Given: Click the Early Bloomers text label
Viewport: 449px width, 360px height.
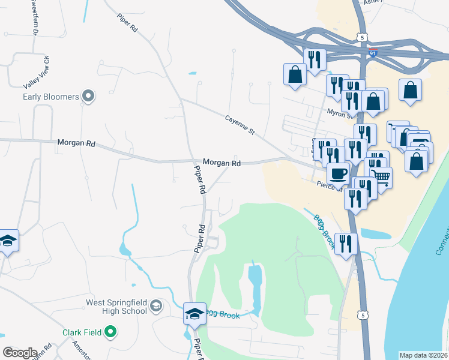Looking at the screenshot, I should (51, 97).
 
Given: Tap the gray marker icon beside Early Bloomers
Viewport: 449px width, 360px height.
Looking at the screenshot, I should (89, 96).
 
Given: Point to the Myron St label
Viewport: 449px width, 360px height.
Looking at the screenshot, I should (339, 112).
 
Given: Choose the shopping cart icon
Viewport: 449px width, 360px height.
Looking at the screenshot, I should (381, 176).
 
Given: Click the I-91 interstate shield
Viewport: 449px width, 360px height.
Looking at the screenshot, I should (373, 53).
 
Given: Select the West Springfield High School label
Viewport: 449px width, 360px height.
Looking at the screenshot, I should (116, 307).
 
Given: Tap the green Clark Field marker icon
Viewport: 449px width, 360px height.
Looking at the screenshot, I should (110, 331).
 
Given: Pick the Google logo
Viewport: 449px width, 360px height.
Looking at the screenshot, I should (20, 353).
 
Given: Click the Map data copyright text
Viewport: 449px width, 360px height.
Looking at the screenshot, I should (424, 355).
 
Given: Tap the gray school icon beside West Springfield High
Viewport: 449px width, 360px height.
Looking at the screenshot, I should (156, 307).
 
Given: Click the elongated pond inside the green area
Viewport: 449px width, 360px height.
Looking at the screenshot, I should (255, 282).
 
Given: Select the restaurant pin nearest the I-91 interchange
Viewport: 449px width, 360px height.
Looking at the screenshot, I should (315, 58).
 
